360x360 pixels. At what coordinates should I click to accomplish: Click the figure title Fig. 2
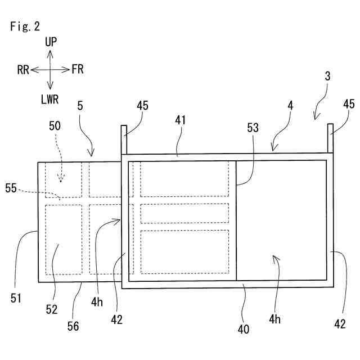pyautogui.click(x=25, y=27)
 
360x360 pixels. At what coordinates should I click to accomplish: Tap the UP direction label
pyautogui.click(x=51, y=41)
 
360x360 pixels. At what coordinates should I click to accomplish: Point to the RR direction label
pyautogui.click(x=23, y=70)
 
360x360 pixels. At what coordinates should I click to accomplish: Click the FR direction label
pyautogui.click(x=78, y=70)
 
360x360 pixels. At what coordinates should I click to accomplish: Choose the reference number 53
pyautogui.click(x=253, y=128)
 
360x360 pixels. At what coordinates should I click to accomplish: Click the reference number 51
pyautogui.click(x=16, y=298)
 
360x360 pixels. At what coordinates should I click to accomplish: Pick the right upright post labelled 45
pyautogui.click(x=330, y=138)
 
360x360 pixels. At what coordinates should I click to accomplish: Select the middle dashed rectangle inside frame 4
pyautogui.click(x=184, y=213)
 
